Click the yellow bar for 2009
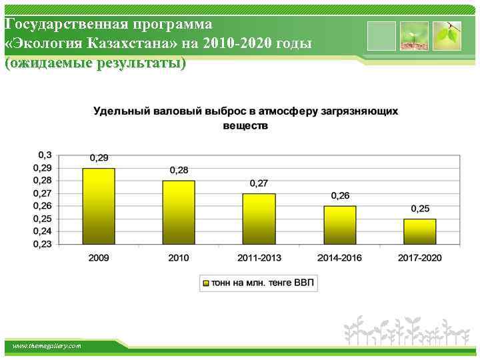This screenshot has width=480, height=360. click(99, 206)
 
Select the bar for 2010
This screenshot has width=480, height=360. click(179, 212)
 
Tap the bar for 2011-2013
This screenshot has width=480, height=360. click(259, 219)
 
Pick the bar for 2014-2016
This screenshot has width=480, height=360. click(339, 225)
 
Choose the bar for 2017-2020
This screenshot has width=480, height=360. click(419, 231)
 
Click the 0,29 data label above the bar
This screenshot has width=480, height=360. click(99, 158)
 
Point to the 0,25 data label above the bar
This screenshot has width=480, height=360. click(420, 209)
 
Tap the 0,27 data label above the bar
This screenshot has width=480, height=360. click(259, 183)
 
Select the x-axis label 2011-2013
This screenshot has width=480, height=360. click(259, 258)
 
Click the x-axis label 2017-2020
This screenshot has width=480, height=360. click(419, 258)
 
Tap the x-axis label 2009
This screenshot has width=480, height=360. click(99, 258)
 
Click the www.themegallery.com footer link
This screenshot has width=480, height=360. click(47, 346)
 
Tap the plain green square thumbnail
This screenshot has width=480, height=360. click(381, 35)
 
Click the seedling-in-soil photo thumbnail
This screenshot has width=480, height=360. click(414, 35)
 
